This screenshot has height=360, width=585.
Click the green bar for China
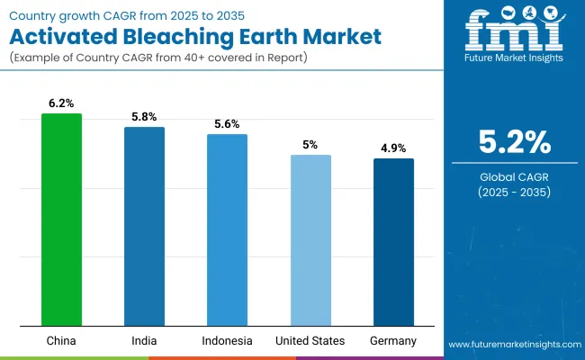coord(61,220)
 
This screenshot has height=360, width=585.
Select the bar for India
coord(144,226)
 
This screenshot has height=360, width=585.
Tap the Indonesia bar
coord(227,229)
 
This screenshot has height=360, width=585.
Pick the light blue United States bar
coord(310,240)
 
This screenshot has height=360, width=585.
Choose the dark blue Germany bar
coord(393,242)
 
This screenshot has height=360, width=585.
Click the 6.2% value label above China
coord(61,104)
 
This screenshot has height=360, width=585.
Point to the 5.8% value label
coord(144,118)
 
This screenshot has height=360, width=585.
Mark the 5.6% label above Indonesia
coord(227,125)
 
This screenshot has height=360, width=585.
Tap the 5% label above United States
coord(310,146)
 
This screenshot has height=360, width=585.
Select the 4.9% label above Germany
coord(393,149)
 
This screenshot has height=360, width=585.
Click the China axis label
coord(61,340)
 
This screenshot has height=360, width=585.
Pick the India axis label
coord(144,340)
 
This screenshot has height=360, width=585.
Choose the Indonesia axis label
coord(227,340)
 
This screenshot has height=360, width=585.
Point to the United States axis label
coord(310,340)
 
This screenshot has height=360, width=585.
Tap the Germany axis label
coord(393,340)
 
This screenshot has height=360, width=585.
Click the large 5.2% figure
coord(512,142)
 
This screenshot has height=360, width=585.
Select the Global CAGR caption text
coord(512,177)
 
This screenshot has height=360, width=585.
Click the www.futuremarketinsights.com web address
coord(511,345)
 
